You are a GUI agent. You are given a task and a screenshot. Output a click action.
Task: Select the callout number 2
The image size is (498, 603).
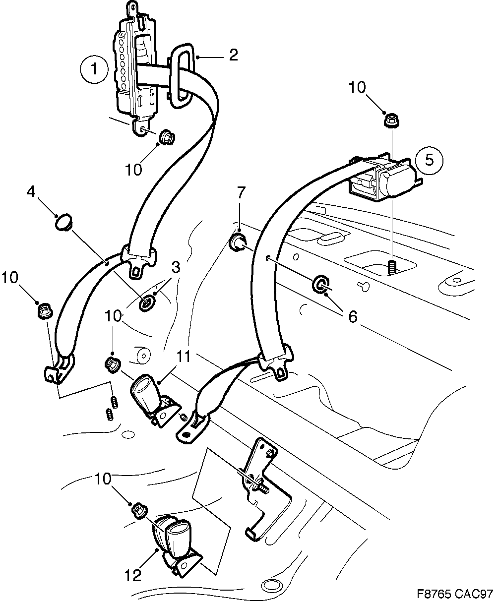point(233,55)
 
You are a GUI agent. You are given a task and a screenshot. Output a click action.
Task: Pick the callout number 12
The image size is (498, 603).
point(133,575)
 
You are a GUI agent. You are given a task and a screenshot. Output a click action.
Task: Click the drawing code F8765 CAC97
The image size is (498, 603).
point(455,594)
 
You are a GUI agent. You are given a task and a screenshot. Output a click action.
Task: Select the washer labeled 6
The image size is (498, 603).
point(320,285)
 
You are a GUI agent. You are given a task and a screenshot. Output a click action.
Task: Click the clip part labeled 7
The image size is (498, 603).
point(237,243)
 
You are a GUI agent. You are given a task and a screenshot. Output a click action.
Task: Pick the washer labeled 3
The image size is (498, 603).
point(147,302)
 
